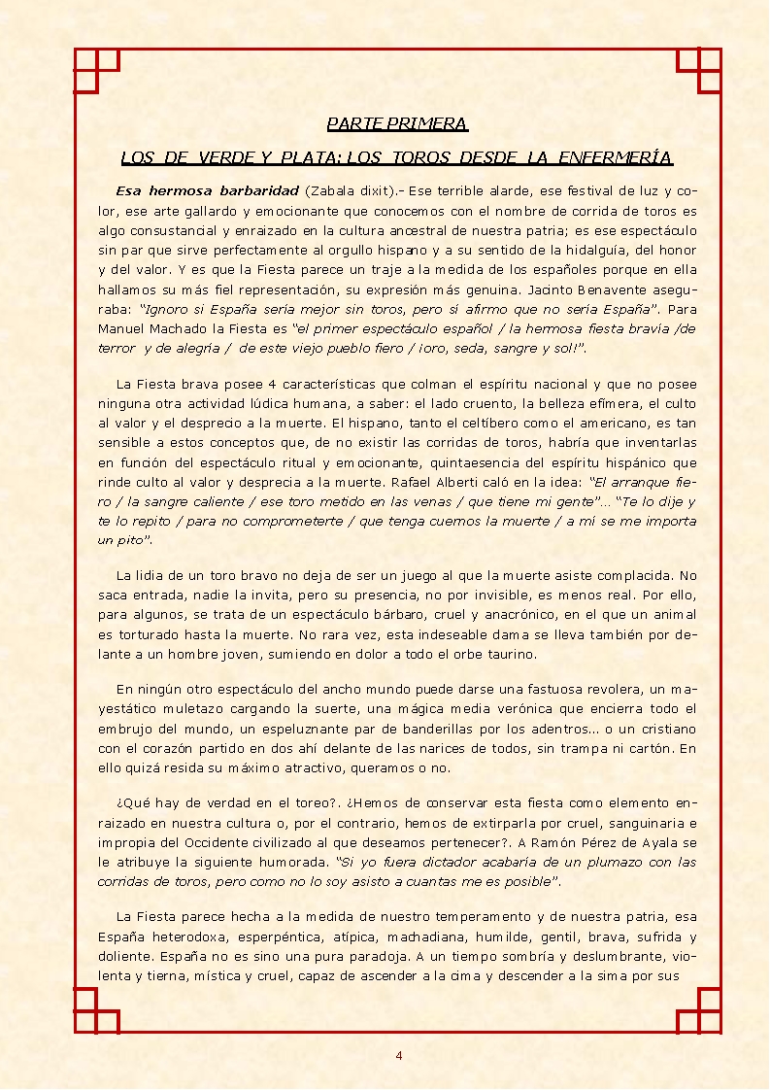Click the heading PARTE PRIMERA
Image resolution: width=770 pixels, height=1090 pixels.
point(397,123)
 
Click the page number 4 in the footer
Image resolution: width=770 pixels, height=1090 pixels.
point(398,1055)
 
